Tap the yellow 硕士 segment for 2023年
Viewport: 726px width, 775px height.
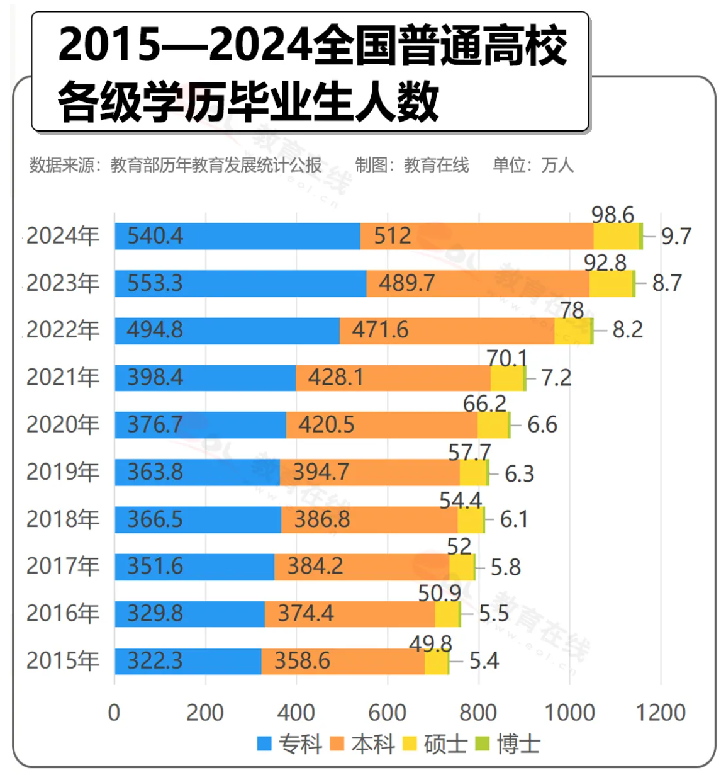611,283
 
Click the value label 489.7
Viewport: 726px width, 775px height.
406,283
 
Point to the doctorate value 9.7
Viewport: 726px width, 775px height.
676,237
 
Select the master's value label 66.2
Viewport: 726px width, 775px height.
484,404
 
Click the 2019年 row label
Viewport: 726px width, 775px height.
63,472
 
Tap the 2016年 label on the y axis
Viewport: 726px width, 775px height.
63,614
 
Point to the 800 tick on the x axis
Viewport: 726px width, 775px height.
478,713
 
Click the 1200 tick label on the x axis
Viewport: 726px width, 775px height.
661,713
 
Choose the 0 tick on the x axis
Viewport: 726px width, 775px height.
114,713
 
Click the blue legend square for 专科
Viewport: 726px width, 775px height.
264,744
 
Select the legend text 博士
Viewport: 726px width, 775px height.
518,744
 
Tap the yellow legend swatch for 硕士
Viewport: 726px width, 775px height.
410,744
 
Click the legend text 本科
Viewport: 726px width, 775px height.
373,744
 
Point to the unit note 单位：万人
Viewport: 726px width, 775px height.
533,166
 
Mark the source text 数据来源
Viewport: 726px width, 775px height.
62,166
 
